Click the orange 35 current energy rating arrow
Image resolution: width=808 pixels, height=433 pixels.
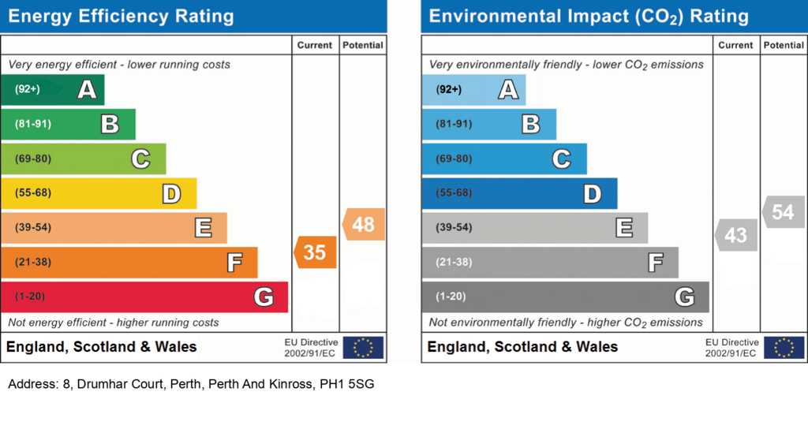pyautogui.click(x=316, y=252)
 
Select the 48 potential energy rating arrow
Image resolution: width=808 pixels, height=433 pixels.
pyautogui.click(x=363, y=225)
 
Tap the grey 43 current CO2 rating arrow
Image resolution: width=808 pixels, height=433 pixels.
pyautogui.click(x=736, y=235)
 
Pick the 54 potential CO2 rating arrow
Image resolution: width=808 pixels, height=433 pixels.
pyautogui.click(x=784, y=211)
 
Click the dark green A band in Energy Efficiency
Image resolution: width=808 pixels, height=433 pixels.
pyautogui.click(x=53, y=90)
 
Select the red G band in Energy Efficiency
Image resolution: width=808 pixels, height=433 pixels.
pyautogui.click(x=144, y=297)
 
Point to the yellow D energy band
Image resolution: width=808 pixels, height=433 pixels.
pyautogui.click(x=99, y=193)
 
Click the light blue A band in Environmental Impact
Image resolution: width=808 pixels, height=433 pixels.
pyautogui.click(x=473, y=90)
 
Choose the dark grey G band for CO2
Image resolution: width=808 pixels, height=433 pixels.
pyautogui.click(x=565, y=297)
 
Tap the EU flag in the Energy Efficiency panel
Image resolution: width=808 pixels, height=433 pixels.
pyautogui.click(x=363, y=348)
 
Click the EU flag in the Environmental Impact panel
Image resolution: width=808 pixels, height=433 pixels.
pyautogui.click(x=784, y=348)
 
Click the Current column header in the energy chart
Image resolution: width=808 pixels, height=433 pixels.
pyautogui.click(x=314, y=45)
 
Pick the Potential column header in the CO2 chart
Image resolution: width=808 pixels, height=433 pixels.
pyautogui.click(x=784, y=45)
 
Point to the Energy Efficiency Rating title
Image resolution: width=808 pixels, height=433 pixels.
pyautogui.click(x=121, y=17)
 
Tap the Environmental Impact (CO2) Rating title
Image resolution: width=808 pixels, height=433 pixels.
pyautogui.click(x=589, y=17)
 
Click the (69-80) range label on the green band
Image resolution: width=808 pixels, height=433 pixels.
pyautogui.click(x=33, y=159)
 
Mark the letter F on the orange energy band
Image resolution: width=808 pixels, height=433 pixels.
pyautogui.click(x=234, y=263)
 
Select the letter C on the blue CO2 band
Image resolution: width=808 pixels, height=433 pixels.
pyautogui.click(x=562, y=159)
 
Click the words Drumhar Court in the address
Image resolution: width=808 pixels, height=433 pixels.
pyautogui.click(x=120, y=384)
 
